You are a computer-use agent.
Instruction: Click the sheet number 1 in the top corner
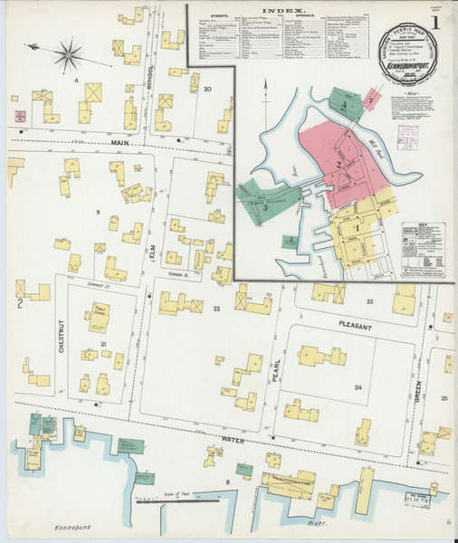[x=436, y=21]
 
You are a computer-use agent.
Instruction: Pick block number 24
[x=358, y=388]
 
